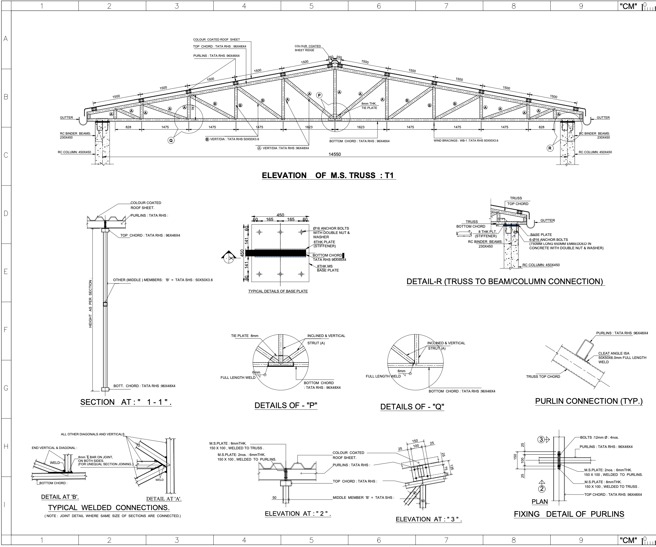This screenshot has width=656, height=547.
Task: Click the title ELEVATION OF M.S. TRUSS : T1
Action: [328, 175]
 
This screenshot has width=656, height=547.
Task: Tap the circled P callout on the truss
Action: [319, 95]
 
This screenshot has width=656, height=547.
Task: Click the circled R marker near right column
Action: [550, 148]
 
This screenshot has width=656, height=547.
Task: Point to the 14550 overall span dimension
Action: [335, 154]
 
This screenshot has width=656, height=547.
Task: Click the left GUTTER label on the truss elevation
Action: [66, 118]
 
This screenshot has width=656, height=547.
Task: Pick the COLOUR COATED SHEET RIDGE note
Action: [308, 48]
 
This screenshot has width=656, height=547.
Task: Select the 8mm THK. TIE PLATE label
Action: [369, 106]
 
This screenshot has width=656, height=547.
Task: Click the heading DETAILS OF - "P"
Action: [286, 405]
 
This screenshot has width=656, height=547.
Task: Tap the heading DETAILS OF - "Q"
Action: [412, 407]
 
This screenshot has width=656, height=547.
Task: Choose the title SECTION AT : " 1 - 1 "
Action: [126, 402]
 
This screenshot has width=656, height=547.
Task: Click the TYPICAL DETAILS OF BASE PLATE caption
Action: [278, 291]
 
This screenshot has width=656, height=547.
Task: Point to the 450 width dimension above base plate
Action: [280, 215]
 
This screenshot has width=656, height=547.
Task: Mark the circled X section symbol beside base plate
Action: [228, 258]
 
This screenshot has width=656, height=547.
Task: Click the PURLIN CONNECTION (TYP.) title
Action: [589, 401]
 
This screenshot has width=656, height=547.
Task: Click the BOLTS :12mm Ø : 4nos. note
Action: [599, 437]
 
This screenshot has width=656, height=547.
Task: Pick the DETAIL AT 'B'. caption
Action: [60, 497]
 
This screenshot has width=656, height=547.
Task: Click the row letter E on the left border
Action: [6, 272]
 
